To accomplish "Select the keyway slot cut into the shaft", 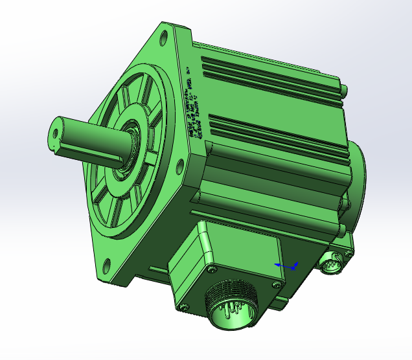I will point(91,153).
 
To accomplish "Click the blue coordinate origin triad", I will point(286,265).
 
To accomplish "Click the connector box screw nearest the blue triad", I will point(277,284).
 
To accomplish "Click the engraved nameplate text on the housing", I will point(197,104).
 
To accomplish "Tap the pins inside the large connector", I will point(230,313).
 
